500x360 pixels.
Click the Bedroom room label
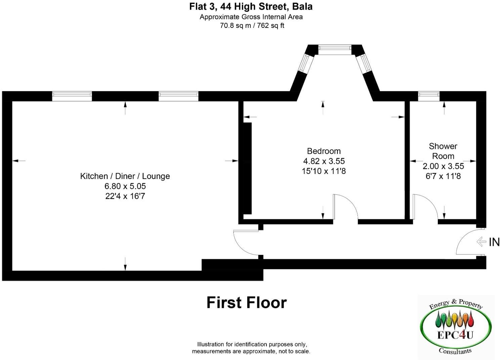pyautogui.click(x=324, y=151)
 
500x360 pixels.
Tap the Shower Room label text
pyautogui.click(x=443, y=151)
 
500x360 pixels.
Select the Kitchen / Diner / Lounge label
pyautogui.click(x=125, y=176)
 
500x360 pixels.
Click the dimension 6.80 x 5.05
pyautogui.click(x=125, y=186)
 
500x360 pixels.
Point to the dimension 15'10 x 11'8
pyautogui.click(x=324, y=171)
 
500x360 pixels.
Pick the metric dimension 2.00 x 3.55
pyautogui.click(x=443, y=166)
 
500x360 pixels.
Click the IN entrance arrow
pyautogui.click(x=482, y=241)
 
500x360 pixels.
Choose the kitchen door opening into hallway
pyautogui.click(x=247, y=243)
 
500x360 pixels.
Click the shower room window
pyautogui.click(x=428, y=96)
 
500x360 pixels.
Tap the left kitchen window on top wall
pyautogui.click(x=72, y=96)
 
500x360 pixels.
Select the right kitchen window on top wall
pyautogui.click(x=178, y=96)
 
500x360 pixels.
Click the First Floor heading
pyautogui.click(x=246, y=303)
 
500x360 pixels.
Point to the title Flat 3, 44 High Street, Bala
pyautogui.click(x=251, y=6)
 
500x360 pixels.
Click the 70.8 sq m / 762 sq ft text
pyautogui.click(x=252, y=26)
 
